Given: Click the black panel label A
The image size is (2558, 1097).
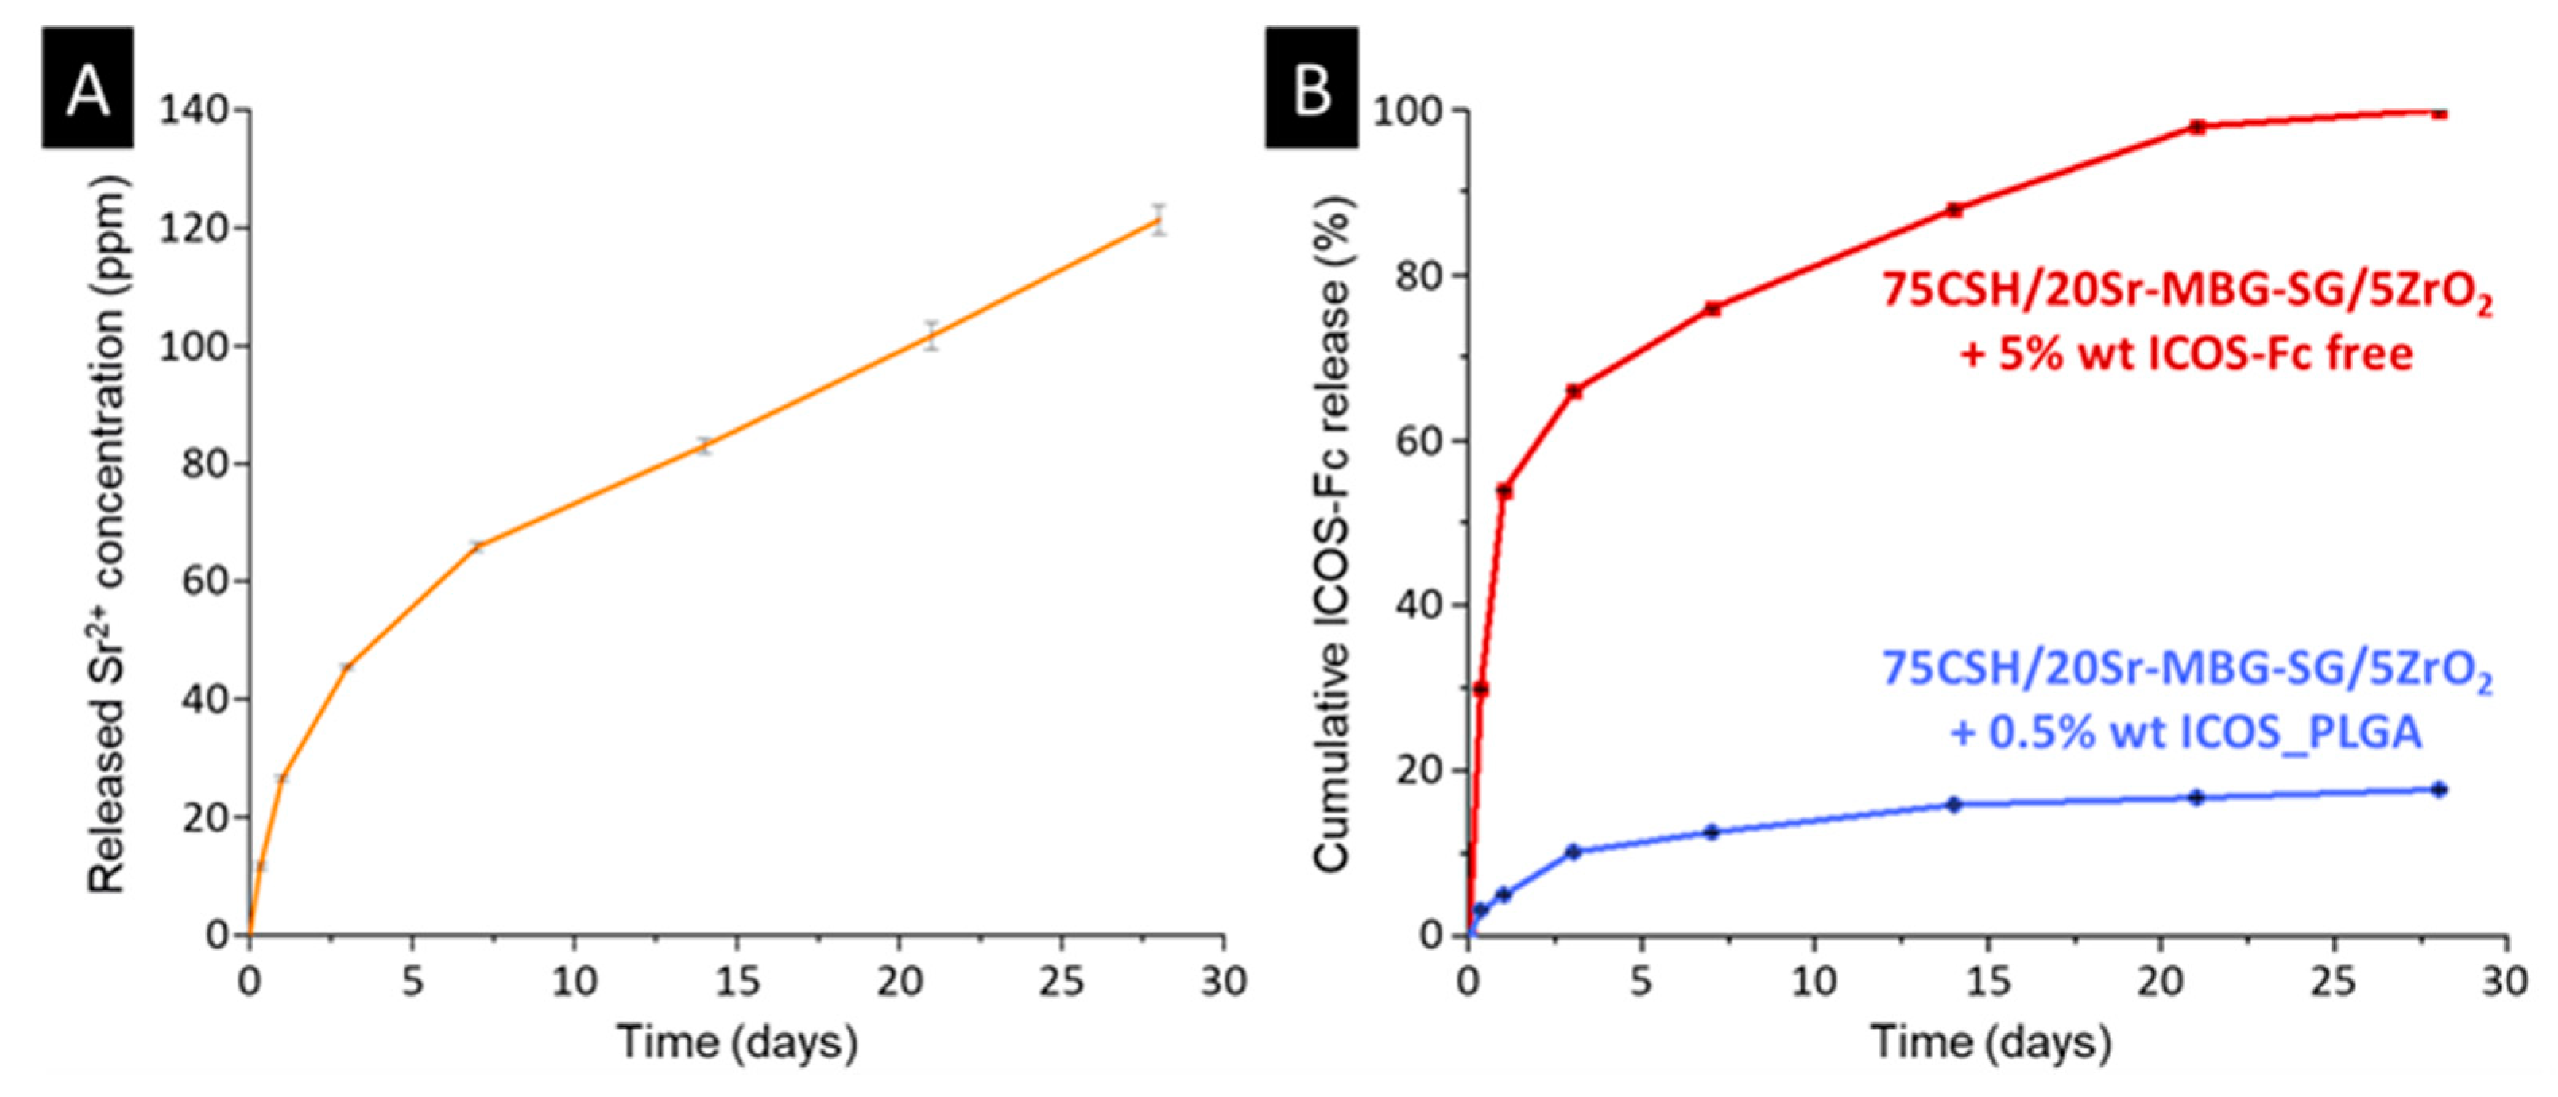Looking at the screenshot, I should coord(87,88).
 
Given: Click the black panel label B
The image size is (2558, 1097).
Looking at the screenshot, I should coord(1310,88).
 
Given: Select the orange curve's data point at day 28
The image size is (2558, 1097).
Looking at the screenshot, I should coord(1158,219).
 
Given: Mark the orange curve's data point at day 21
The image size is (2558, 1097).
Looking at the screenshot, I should coord(931,335).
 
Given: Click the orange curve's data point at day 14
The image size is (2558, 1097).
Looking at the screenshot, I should coord(704,446).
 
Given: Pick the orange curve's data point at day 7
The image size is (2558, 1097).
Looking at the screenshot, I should coord(477,546).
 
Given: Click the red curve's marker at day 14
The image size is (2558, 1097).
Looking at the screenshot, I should coord(1954,210).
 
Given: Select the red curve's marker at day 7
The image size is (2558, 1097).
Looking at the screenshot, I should coord(1712,309).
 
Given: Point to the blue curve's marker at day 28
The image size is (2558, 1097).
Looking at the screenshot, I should coord(2439,790).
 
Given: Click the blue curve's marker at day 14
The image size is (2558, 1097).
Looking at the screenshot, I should coord(1954,804).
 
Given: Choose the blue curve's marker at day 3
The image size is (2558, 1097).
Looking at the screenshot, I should coord(1573,852).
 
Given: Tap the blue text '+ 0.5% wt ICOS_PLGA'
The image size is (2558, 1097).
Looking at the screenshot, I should coord(2185,732).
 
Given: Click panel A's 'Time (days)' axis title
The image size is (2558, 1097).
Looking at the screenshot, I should coord(737,1042).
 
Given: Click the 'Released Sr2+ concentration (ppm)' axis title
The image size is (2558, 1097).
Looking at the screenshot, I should coord(107,536).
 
